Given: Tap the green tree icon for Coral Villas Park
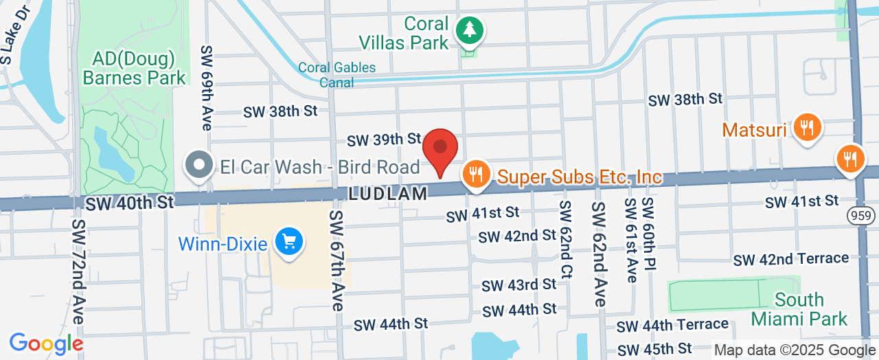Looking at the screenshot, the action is coord(470,30).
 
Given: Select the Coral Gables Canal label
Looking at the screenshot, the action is coord(336,75).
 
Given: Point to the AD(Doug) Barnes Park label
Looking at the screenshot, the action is coord(134,67).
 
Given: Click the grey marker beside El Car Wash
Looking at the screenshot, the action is coord(200,166).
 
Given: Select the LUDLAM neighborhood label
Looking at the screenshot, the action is coord(388,194).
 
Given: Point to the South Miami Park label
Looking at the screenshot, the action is coord(799,309).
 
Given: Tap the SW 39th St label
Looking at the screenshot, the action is coord(383,140).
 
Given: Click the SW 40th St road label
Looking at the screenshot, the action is coord(129,202).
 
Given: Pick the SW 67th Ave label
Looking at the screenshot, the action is coord(336,260).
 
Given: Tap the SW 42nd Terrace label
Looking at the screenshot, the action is coord(791,260).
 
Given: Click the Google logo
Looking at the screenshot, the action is coord(46,343).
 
